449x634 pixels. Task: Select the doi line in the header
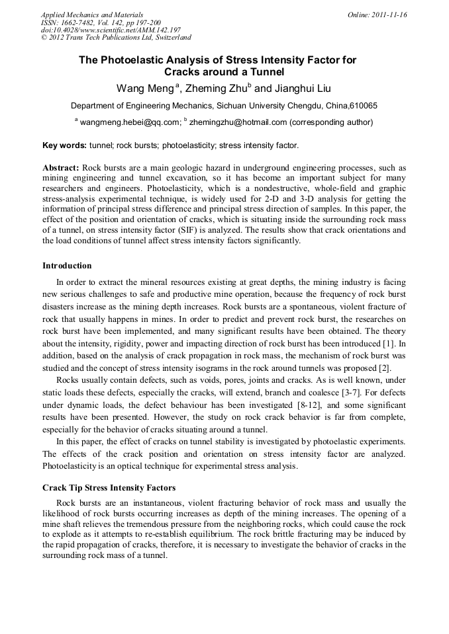pos(111,30)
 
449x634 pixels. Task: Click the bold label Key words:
pos(64,145)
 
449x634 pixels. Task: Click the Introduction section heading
pos(67,266)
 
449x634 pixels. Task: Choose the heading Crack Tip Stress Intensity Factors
pos(109,488)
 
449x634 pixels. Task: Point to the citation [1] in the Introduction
pos(391,343)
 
